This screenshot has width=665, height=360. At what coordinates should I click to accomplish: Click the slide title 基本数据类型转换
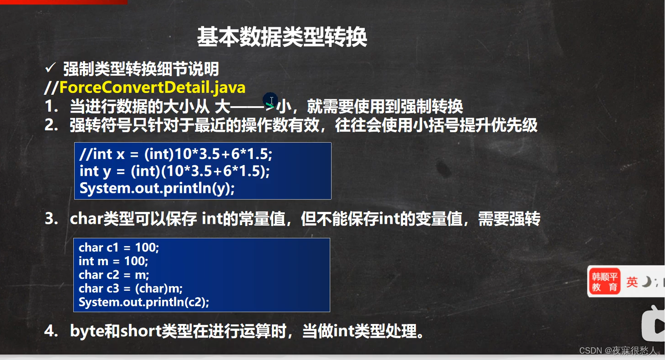(x=282, y=36)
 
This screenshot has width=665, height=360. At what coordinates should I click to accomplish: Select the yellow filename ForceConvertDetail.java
(x=153, y=87)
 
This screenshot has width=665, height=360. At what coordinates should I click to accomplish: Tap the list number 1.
(x=51, y=106)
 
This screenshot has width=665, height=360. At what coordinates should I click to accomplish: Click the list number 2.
(x=51, y=125)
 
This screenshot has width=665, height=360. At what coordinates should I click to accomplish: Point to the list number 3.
(x=51, y=219)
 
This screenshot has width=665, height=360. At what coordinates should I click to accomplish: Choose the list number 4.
(x=51, y=331)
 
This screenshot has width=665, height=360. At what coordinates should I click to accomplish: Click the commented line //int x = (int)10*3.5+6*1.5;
(x=176, y=154)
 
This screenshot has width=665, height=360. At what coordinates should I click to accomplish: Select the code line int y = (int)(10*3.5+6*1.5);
(x=174, y=171)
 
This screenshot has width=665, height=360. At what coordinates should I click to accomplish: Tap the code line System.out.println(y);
(x=157, y=189)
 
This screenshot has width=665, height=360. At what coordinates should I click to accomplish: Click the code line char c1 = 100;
(x=119, y=247)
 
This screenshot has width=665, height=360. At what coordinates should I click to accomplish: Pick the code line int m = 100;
(x=113, y=261)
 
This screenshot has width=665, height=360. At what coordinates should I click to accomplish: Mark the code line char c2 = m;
(x=114, y=275)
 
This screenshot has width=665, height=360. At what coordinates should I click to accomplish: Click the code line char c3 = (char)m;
(x=131, y=288)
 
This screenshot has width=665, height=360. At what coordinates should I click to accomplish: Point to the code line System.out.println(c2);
(x=144, y=302)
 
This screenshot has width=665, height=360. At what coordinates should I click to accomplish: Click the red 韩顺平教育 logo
(x=605, y=281)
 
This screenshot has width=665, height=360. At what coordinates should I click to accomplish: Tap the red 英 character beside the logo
(x=632, y=282)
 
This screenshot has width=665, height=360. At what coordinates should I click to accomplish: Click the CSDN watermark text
(x=619, y=350)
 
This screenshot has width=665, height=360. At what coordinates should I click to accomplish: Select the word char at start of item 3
(x=87, y=219)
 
